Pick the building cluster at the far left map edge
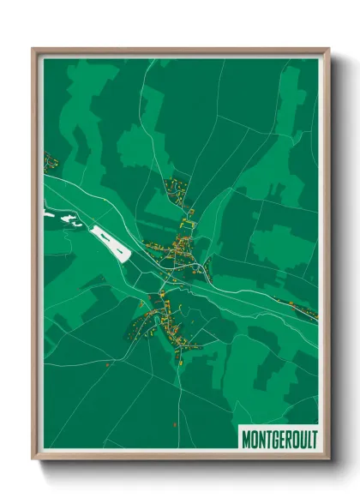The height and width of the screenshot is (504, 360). point(50,159)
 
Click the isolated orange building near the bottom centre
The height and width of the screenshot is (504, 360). point(174,423)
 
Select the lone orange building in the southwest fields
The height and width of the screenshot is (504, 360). point(107,364)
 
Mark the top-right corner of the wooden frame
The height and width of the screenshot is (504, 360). point(328,50)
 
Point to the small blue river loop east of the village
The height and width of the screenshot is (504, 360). point(203,268)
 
